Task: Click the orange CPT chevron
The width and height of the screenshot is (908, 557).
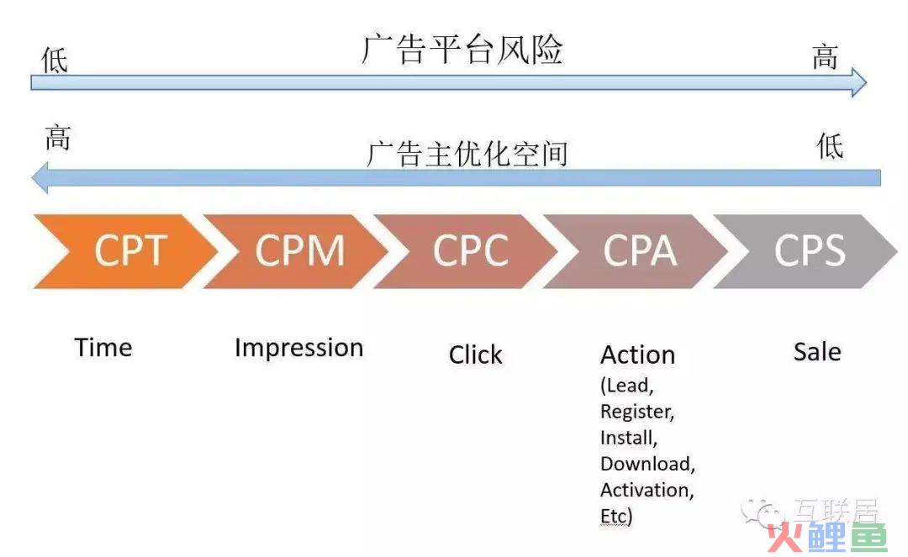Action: pos(128,251)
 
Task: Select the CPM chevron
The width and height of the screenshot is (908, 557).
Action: pos(298,251)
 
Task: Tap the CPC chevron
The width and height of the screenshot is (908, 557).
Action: pos(468,251)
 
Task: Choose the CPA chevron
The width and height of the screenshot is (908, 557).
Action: pos(638,251)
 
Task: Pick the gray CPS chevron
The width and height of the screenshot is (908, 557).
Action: pos(808,251)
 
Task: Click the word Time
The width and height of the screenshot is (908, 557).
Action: pos(103,348)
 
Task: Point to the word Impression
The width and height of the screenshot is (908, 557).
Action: pos(298,349)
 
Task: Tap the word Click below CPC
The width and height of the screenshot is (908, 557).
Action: pos(475,355)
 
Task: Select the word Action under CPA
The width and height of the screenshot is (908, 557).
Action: pos(637,355)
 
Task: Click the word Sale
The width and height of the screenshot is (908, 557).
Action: pos(817,352)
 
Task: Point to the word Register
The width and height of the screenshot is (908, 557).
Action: pos(636,412)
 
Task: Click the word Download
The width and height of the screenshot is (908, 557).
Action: pos(646,464)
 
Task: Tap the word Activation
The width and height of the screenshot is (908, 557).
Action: pos(645,490)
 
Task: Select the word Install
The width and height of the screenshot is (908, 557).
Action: pos(627,438)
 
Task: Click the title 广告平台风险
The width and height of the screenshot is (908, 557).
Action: pos(462,50)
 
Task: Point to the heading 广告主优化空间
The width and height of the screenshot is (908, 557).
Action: pos(467,154)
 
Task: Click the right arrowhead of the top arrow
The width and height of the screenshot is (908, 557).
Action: pos(858,82)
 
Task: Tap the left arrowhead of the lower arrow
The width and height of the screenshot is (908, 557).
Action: pos(40,177)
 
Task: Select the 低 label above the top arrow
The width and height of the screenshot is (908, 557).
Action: pos(55,60)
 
